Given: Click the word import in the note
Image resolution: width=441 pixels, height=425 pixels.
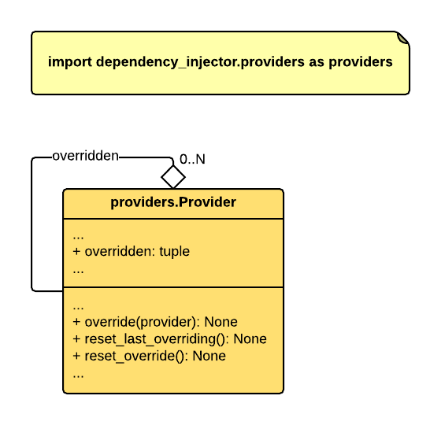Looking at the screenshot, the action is pyautogui.click(x=70, y=62).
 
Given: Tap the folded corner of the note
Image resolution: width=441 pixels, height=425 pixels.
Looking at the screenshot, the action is pyautogui.click(x=402, y=39).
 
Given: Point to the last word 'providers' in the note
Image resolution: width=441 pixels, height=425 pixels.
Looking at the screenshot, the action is pyautogui.click(x=361, y=62).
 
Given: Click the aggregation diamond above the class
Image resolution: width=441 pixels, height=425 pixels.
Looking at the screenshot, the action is pyautogui.click(x=173, y=177).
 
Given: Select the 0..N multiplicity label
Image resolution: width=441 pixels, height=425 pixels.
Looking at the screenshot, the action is pyautogui.click(x=192, y=159).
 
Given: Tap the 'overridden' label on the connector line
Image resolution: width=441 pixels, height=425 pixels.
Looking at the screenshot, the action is pyautogui.click(x=86, y=156).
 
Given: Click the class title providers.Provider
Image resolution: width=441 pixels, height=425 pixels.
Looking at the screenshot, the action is pyautogui.click(x=173, y=202).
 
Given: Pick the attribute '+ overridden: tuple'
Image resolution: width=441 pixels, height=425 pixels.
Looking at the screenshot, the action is pyautogui.click(x=131, y=251).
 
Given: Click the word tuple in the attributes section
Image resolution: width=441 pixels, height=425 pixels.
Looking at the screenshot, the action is pyautogui.click(x=174, y=252).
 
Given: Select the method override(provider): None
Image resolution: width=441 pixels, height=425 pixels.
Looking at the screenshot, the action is pyautogui.click(x=155, y=322).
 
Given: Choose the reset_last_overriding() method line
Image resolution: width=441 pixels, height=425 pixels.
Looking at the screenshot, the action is pyautogui.click(x=169, y=339).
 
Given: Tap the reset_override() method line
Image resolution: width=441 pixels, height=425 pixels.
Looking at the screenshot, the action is pyautogui.click(x=149, y=356).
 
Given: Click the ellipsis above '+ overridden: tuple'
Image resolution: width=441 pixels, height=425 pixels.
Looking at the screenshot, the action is pyautogui.click(x=78, y=238).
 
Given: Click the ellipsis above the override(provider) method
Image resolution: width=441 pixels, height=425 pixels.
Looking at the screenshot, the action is pyautogui.click(x=78, y=308).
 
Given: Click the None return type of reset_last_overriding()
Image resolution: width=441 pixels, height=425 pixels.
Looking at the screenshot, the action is pyautogui.click(x=250, y=338).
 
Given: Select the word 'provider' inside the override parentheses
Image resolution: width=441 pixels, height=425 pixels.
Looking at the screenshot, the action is pyautogui.click(x=166, y=323).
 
